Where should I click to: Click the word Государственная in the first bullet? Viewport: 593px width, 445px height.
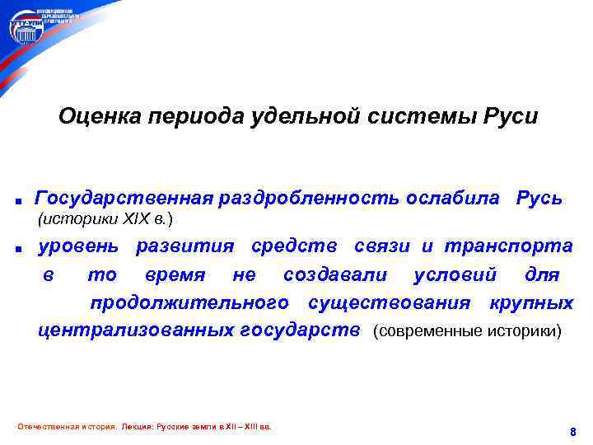click(x=124, y=199)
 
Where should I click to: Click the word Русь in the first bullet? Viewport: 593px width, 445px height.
click(x=539, y=199)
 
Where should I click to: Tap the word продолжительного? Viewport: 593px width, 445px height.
click(x=189, y=303)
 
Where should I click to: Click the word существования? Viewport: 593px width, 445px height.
click(x=389, y=303)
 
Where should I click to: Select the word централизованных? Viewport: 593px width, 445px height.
click(x=136, y=331)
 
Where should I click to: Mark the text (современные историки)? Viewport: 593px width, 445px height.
click(x=468, y=332)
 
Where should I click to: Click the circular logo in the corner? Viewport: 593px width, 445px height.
click(x=24, y=28)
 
